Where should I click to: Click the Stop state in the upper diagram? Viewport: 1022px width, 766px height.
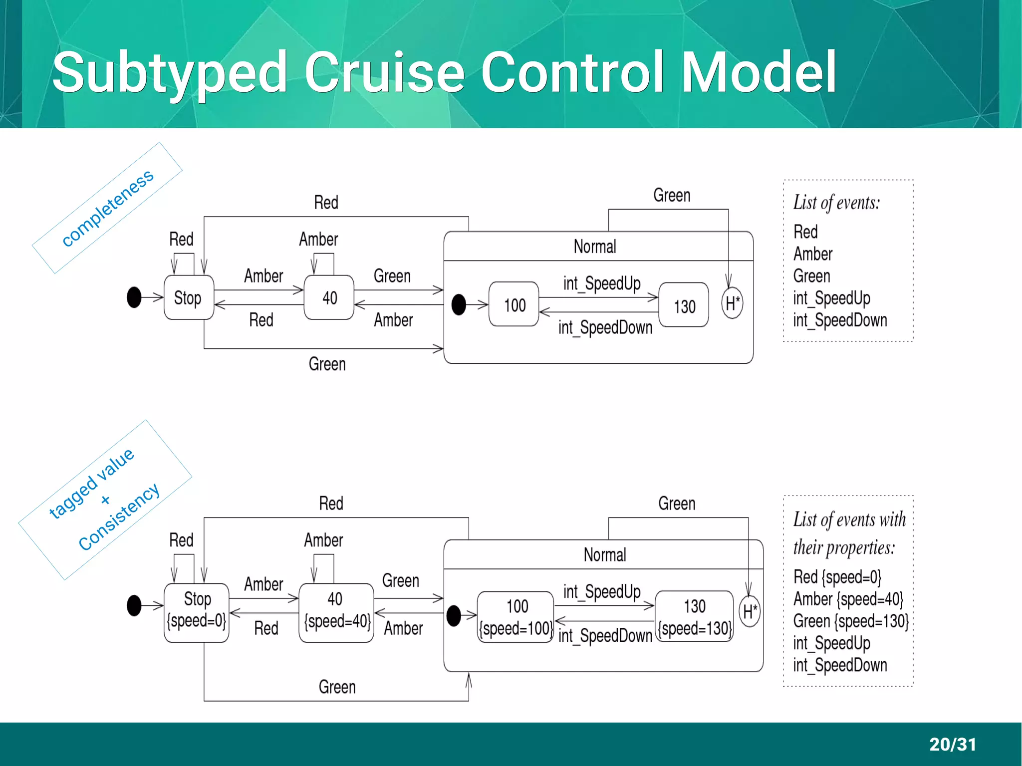pyautogui.click(x=189, y=298)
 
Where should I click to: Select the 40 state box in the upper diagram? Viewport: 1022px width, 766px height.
pyautogui.click(x=329, y=298)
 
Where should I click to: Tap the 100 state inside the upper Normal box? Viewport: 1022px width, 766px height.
pyautogui.click(x=514, y=304)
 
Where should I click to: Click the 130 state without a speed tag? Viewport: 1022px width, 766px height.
pyautogui.click(x=684, y=305)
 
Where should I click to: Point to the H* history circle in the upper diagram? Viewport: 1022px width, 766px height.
pyautogui.click(x=732, y=303)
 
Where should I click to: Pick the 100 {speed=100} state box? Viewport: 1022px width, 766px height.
pyautogui.click(x=515, y=617)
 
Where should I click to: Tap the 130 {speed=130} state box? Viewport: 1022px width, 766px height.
pyautogui.click(x=694, y=617)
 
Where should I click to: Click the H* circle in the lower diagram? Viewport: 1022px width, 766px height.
pyautogui.click(x=750, y=611)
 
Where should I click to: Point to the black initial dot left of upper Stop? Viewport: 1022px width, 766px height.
pyautogui.click(x=134, y=297)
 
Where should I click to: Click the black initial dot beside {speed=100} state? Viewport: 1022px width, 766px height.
pyautogui.click(x=454, y=616)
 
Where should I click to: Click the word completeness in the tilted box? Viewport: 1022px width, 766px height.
pyautogui.click(x=107, y=208)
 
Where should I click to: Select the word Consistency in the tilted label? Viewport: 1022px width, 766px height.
pyautogui.click(x=119, y=517)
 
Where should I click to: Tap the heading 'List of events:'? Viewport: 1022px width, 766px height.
pyautogui.click(x=836, y=203)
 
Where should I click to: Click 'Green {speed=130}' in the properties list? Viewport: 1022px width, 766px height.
pyautogui.click(x=850, y=621)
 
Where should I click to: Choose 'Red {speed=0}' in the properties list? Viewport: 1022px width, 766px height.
pyautogui.click(x=837, y=577)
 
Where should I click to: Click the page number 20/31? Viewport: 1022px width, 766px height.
pyautogui.click(x=952, y=744)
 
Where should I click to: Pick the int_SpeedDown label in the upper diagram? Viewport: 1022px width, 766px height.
pyautogui.click(x=605, y=328)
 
